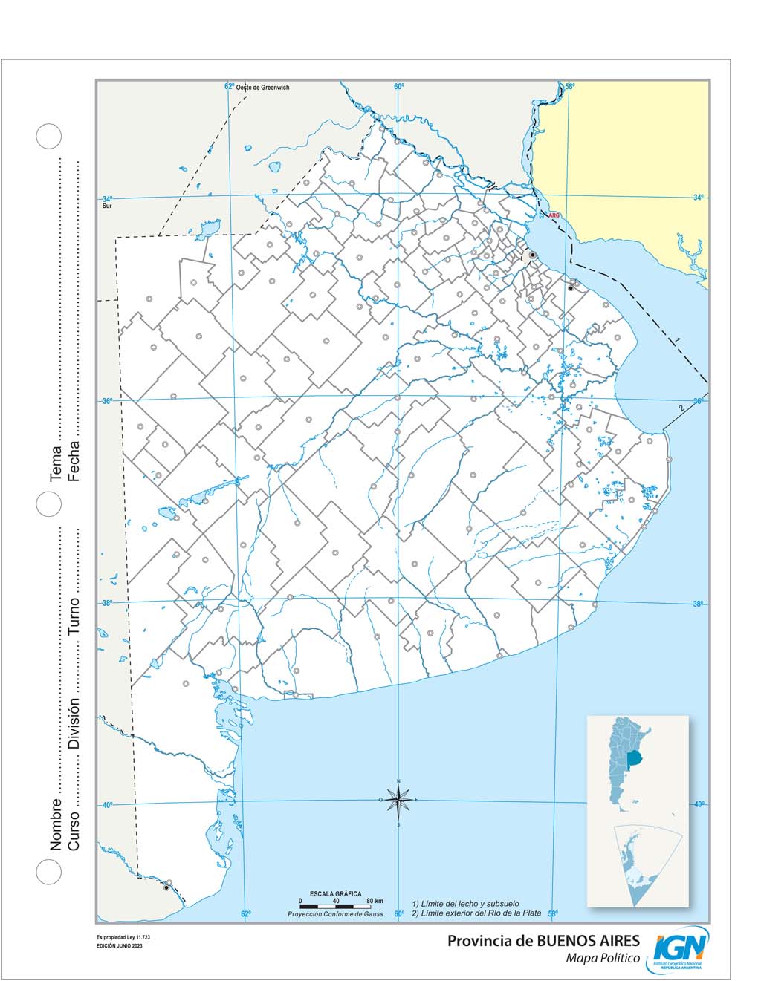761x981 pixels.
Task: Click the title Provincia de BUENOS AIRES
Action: click(x=543, y=941)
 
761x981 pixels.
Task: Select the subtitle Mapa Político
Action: click(x=603, y=959)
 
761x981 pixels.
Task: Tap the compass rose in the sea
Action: click(x=399, y=800)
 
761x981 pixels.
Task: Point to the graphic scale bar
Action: click(x=335, y=906)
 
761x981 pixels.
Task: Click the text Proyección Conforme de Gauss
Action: click(x=336, y=914)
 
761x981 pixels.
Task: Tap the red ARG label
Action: click(x=553, y=215)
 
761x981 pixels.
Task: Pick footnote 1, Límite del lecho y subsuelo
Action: click(x=465, y=904)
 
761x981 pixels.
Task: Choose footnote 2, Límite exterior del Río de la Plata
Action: click(x=476, y=913)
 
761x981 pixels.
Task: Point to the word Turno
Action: click(x=74, y=616)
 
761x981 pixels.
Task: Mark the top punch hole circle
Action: click(x=49, y=136)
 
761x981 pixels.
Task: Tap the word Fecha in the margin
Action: click(x=74, y=461)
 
